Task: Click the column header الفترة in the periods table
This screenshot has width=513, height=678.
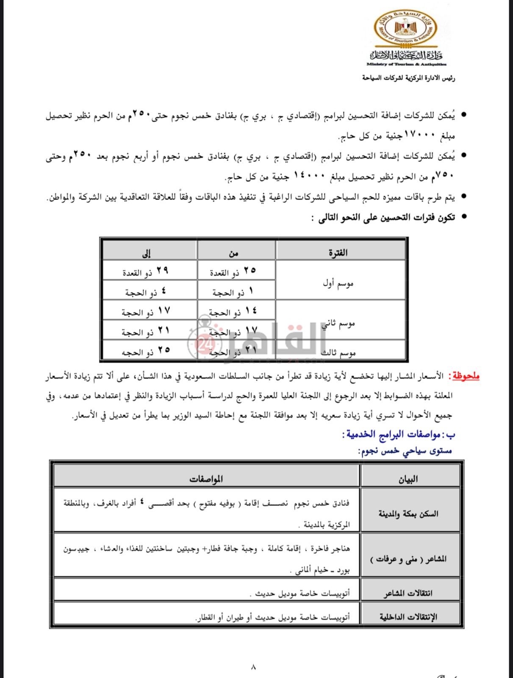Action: pyautogui.click(x=338, y=253)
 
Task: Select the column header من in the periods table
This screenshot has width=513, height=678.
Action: pyautogui.click(x=233, y=253)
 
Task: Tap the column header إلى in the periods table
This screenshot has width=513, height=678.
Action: pyautogui.click(x=147, y=253)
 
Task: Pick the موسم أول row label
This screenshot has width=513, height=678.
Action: pyautogui.click(x=338, y=283)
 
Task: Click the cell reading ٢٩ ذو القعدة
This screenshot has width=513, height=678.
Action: pyautogui.click(x=145, y=272)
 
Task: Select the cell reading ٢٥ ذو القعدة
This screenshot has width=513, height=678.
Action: pyautogui.click(x=233, y=272)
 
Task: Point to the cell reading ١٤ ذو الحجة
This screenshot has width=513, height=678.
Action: pyautogui.click(x=233, y=312)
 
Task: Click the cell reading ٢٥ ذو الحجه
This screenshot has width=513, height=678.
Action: pyautogui.click(x=145, y=351)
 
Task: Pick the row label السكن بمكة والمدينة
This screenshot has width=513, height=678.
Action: pyautogui.click(x=408, y=514)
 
